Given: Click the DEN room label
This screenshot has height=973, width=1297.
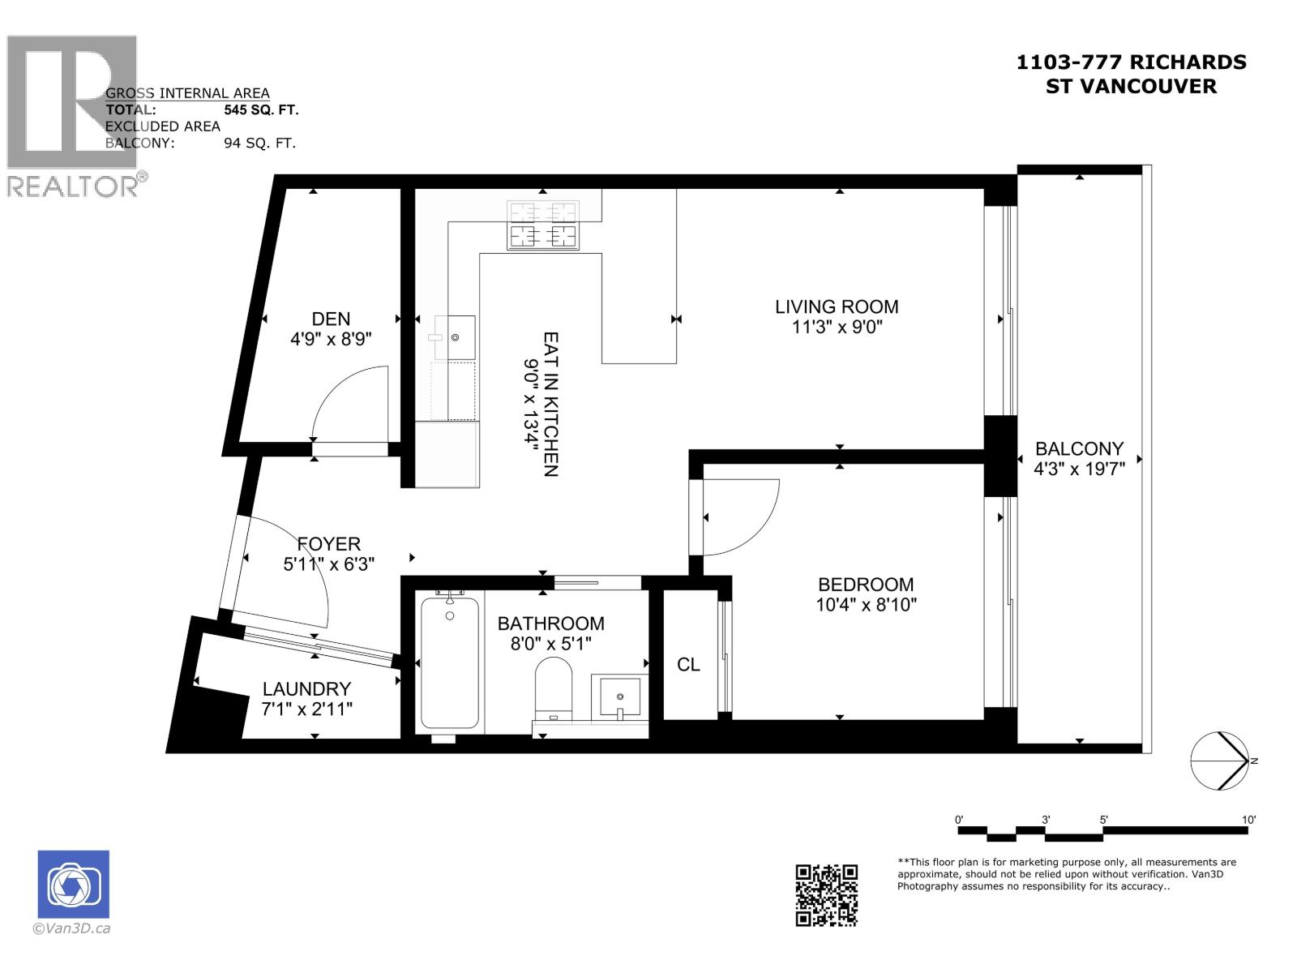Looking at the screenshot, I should pyautogui.click(x=331, y=319).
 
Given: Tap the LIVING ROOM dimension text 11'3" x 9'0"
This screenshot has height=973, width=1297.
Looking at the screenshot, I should pyautogui.click(x=837, y=328).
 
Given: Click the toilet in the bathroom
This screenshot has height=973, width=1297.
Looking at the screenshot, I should pyautogui.click(x=554, y=688).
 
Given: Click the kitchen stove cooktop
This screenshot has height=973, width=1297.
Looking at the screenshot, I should pyautogui.click(x=542, y=225).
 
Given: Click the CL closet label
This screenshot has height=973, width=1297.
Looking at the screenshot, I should pyautogui.click(x=688, y=665).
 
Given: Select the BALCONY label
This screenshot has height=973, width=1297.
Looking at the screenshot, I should pyautogui.click(x=1079, y=448).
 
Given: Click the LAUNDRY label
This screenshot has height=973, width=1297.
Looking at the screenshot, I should pyautogui.click(x=306, y=689).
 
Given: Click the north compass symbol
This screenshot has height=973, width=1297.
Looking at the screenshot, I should pyautogui.click(x=1218, y=761).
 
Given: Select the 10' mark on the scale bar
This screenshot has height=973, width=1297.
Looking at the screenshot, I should pyautogui.click(x=1248, y=821).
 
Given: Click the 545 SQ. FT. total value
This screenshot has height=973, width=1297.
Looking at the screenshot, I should pyautogui.click(x=261, y=109).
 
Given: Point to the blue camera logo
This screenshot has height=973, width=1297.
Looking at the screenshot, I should pyautogui.click(x=73, y=885).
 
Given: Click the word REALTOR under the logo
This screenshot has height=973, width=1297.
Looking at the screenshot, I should pyautogui.click(x=73, y=186).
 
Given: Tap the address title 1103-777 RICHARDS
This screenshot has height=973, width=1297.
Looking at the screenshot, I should pyautogui.click(x=1131, y=62).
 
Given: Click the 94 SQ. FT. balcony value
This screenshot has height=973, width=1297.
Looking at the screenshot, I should pyautogui.click(x=259, y=144).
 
